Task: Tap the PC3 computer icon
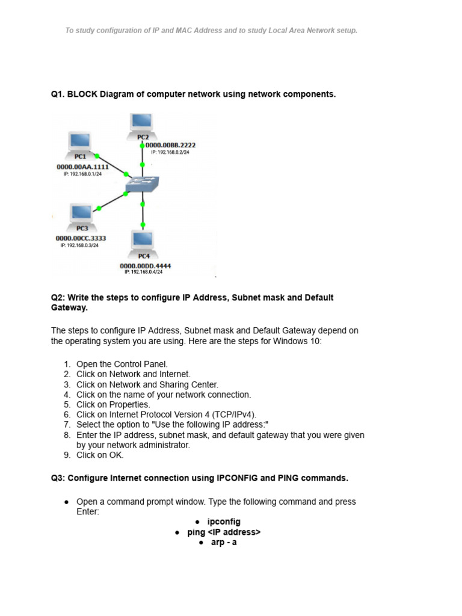click(81, 214)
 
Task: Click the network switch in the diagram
click(142, 184)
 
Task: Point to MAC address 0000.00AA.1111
click(82, 167)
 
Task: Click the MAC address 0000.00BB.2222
click(171, 145)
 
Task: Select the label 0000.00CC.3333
click(81, 238)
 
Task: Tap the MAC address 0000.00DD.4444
click(145, 265)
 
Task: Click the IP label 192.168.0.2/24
click(171, 152)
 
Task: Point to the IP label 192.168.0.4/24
click(144, 272)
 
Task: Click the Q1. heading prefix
click(58, 94)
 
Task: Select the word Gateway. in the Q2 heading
click(69, 307)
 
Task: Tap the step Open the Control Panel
click(123, 364)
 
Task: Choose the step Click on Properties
click(113, 405)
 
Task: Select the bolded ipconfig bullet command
click(223, 522)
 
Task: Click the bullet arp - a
click(224, 543)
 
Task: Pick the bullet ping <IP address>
click(224, 532)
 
